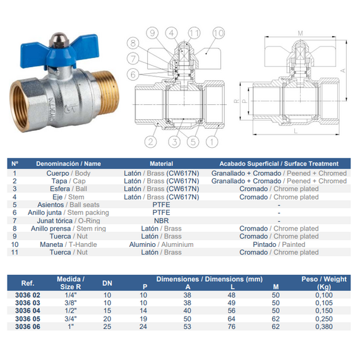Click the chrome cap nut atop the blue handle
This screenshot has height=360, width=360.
[56, 38]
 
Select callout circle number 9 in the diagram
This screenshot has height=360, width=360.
[152, 33]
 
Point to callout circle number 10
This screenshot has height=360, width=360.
[219, 33]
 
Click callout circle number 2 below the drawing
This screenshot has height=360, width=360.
[150, 141]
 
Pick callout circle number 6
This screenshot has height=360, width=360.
[133, 75]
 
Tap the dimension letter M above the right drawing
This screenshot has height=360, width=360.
[300, 33]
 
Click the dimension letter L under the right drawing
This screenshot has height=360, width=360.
[296, 131]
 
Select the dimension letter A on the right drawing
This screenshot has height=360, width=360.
[343, 71]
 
